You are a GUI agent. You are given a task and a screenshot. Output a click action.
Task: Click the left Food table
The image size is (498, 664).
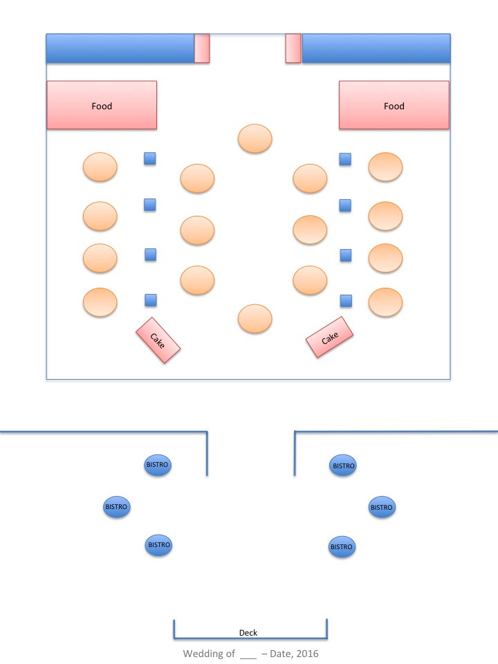pos(102,105)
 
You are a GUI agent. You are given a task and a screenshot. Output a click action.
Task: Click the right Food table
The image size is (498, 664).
pos(394,105)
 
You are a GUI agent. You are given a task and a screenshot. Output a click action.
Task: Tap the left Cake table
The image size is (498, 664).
pos(158,340)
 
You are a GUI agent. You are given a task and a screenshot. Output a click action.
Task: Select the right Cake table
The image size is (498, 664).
pos(330,338)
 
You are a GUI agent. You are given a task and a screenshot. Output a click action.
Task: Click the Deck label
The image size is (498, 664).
pos(248,633)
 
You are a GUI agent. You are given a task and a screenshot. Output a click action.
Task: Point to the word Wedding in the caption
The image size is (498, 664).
pos(204,653)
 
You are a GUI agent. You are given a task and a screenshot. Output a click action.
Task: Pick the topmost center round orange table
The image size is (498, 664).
pos(255,138)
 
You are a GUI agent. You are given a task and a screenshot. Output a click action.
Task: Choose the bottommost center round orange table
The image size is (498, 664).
pos(255,318)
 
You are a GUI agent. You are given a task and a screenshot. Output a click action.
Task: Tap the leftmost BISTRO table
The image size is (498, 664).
pos(116,507)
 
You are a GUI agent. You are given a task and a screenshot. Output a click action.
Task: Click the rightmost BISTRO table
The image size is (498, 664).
pos(381,507)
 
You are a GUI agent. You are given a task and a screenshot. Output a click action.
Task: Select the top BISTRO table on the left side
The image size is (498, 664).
pos(158,465)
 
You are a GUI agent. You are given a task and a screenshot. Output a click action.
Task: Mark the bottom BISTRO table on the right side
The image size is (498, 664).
pos(342,546)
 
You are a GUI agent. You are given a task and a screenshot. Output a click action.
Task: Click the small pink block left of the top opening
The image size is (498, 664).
pos(201,48)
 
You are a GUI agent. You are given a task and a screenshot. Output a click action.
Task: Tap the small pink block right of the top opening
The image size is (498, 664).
pos(293,48)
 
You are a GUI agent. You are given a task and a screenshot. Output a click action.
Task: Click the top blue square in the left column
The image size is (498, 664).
pos(149,158)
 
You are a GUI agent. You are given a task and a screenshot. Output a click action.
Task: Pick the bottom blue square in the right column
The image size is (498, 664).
pos(346,300)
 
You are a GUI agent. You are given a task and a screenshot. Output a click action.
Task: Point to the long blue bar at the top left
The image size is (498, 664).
pos(120,48)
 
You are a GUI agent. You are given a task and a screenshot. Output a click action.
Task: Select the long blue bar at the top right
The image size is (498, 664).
pos(376,48)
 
